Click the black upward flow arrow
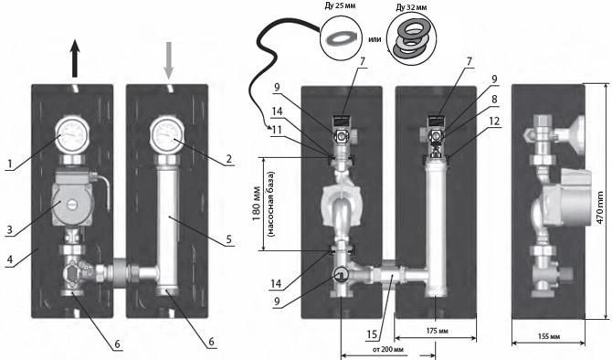tap(75, 58)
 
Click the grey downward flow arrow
tap(168, 60)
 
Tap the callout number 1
tap(12, 164)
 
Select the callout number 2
tap(228, 158)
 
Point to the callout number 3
tap(9, 229)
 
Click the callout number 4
tap(10, 259)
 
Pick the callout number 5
tap(229, 238)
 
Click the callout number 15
tap(372, 334)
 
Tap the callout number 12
tap(494, 121)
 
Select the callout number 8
tap(494, 100)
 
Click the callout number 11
tap(277, 129)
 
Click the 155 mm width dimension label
tap(548, 336)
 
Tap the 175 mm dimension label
tap(438, 331)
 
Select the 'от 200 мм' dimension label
tap(388, 349)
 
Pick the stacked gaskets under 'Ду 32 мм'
tap(411, 37)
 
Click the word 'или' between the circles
tap(375, 39)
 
